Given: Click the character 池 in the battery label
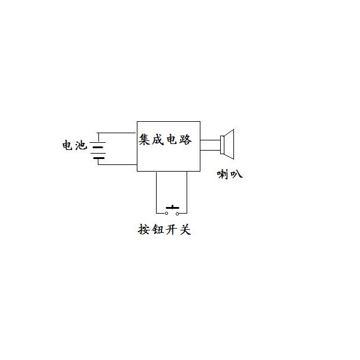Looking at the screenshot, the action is coord(81,145).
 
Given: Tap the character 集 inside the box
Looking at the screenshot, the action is coord(145,139).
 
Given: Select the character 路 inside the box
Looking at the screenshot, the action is coord(185,139).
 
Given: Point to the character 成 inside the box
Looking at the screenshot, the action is coord(158,139).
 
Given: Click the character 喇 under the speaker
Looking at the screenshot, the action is coord(223,174).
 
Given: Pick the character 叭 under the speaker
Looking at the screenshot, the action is coord(236,174).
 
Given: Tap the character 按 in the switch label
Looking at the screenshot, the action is coord(144,229).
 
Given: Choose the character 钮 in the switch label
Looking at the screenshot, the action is coord(158,229).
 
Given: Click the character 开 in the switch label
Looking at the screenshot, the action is coord(172,229).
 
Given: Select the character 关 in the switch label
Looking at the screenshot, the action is coord(185,229).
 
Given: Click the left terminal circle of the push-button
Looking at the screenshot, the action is coord(166,213).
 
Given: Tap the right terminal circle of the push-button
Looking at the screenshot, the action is coord(177,214).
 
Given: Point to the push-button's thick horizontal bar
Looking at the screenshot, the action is coord(172,208).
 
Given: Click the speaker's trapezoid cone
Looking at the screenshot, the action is coord(229,144).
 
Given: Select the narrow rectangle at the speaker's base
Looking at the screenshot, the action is coord(222,145).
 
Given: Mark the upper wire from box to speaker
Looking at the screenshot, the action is coord(210,140).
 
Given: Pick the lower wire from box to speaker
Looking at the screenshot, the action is coord(210,151).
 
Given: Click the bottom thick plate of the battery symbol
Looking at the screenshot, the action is coord(99,158).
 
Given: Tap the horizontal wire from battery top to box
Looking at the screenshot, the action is coord(116,133).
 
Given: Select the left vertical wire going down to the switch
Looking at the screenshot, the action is coord(157,193).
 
